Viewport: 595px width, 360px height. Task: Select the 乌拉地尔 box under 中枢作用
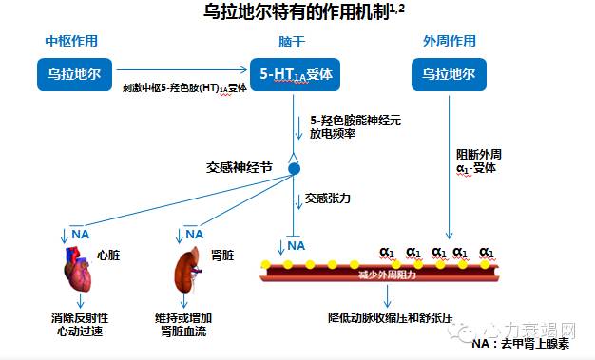74,72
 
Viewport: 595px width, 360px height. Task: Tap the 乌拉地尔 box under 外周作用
449,72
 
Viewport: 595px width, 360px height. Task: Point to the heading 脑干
292,42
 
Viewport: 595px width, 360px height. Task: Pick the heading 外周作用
449,42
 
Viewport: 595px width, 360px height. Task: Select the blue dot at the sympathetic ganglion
294,168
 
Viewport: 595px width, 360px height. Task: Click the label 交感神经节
240,166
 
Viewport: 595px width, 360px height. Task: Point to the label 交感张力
327,199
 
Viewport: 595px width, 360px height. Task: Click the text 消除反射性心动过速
81,324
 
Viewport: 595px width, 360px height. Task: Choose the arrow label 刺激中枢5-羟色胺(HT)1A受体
184,87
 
